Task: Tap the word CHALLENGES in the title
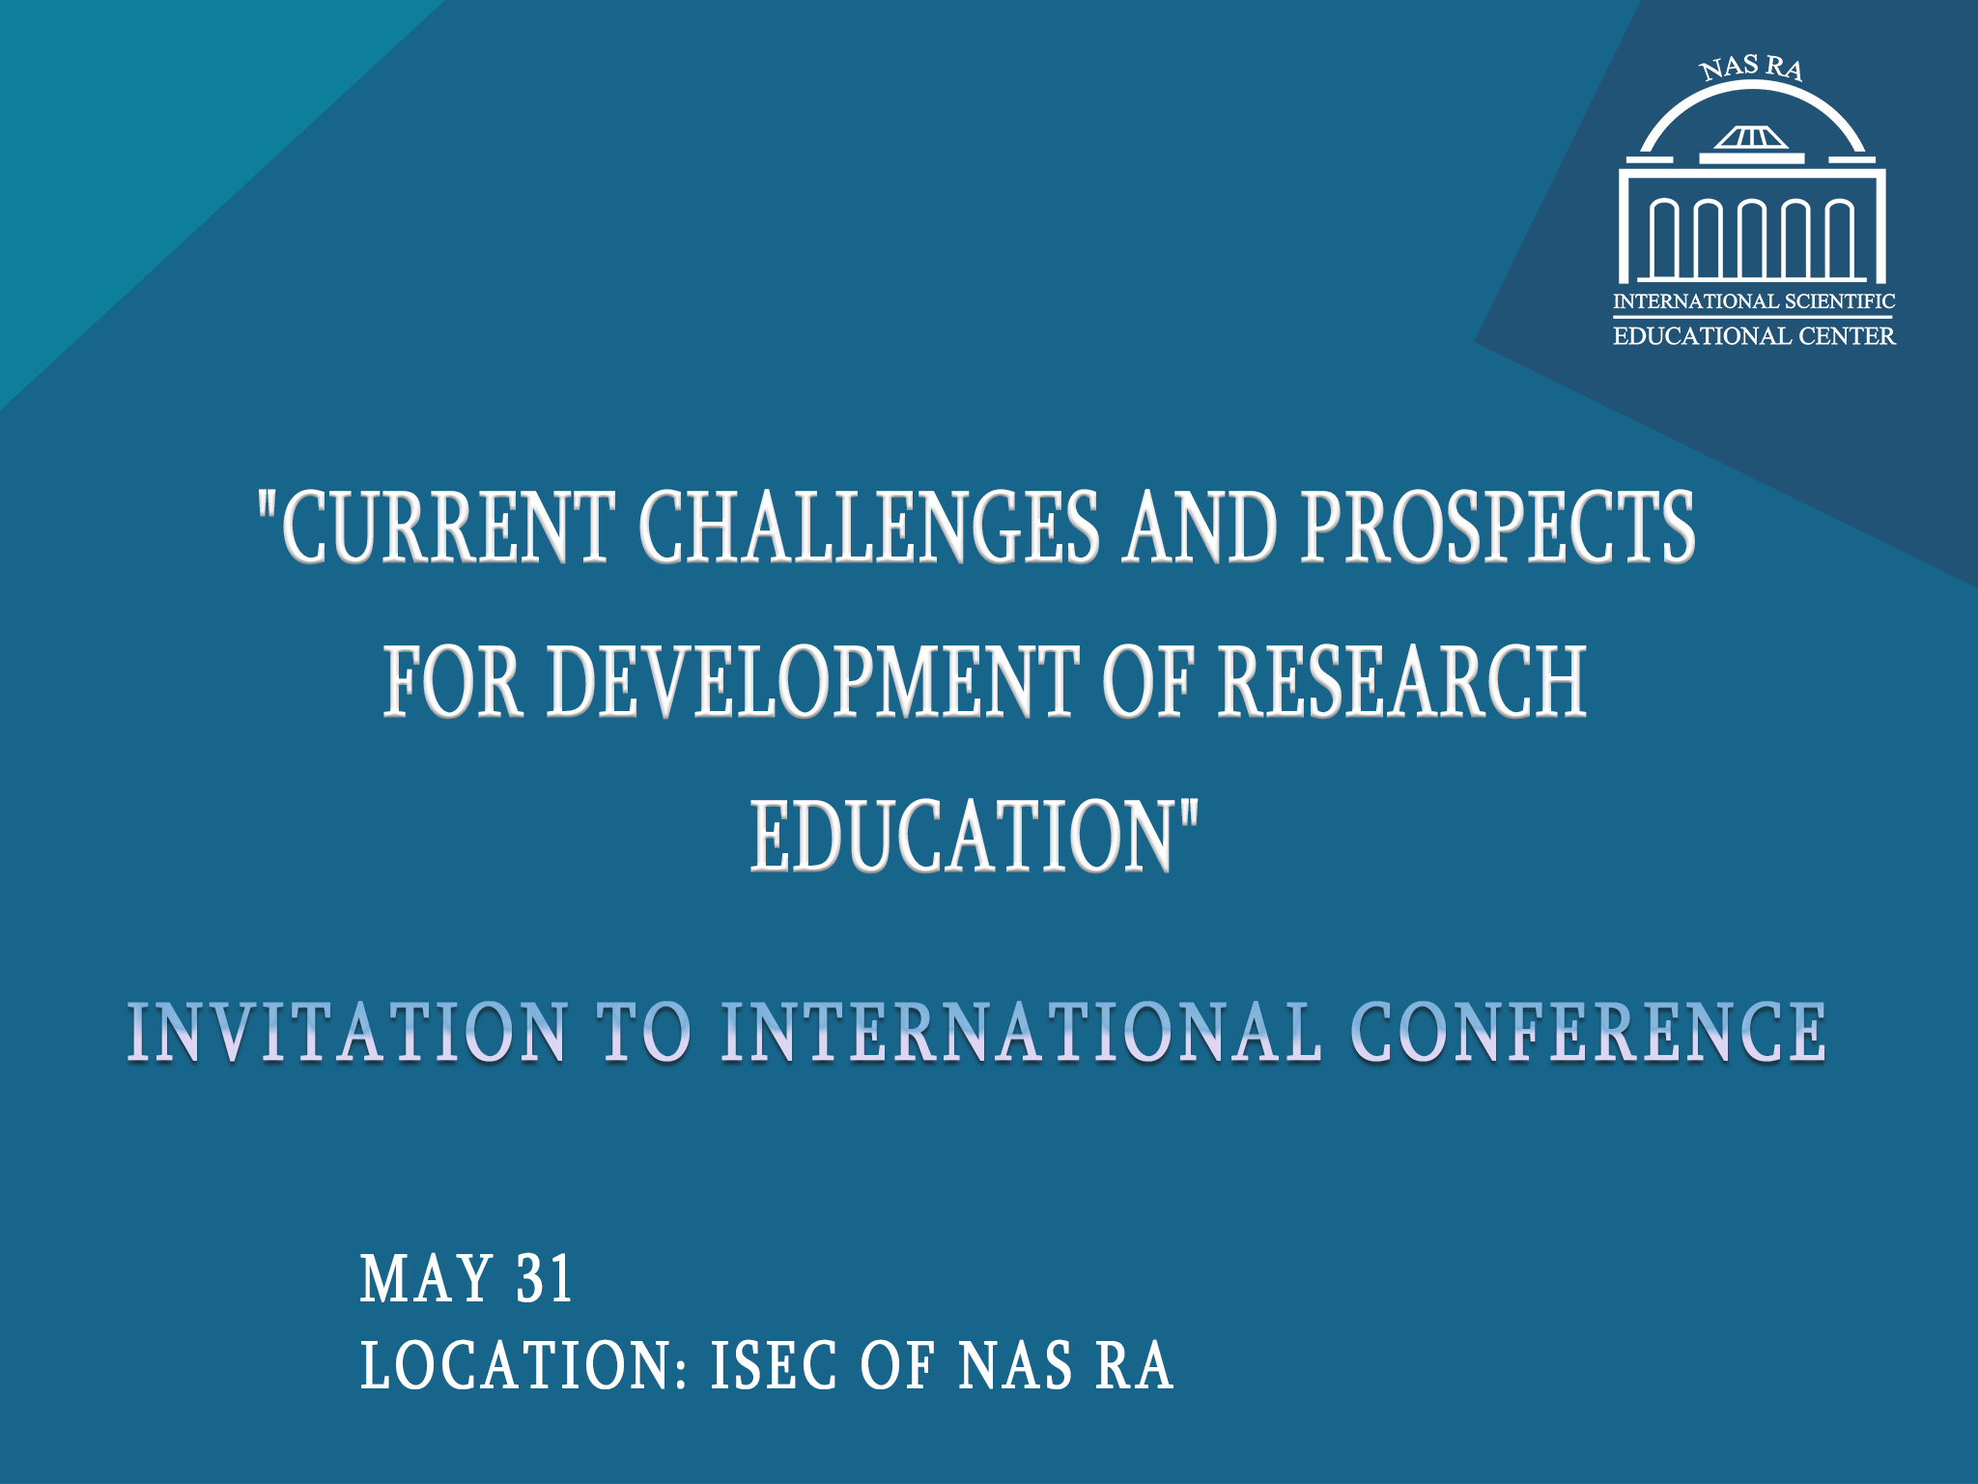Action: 868,527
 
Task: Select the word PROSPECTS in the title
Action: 1498,527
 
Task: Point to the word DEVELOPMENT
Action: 812,681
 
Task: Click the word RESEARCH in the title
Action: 1401,681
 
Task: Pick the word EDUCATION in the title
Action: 962,836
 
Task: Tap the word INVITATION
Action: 348,1032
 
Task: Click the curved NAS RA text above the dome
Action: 1751,68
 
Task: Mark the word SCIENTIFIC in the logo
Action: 1840,301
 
